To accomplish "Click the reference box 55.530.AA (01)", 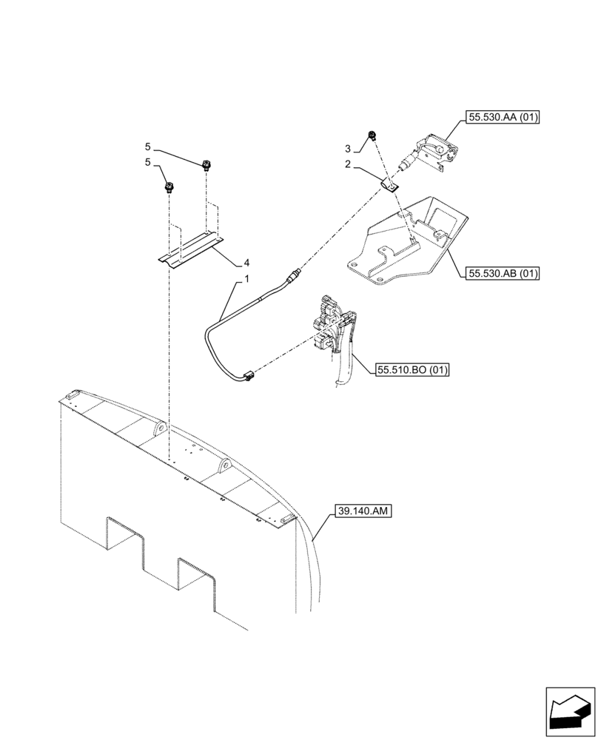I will (503, 116).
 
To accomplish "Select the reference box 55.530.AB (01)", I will (503, 273).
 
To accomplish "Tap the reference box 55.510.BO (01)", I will (412, 368).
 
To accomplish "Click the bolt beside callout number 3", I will (374, 135).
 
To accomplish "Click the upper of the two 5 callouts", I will (148, 147).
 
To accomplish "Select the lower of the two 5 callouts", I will (148, 162).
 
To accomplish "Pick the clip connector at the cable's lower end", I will (247, 377).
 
